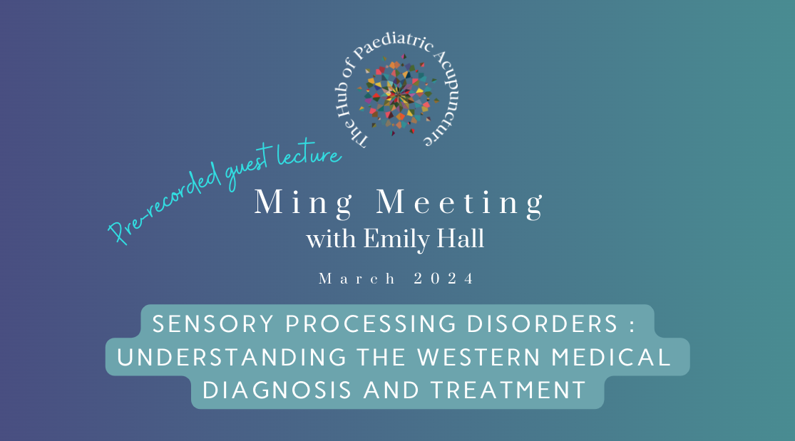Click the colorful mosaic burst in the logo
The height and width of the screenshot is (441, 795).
[399, 95]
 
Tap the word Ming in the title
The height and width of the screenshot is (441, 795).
[304, 203]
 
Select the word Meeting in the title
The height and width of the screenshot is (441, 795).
[459, 203]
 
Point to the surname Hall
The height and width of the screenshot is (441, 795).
[461, 238]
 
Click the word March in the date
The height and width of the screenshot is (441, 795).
[357, 279]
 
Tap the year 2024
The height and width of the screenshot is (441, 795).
[443, 279]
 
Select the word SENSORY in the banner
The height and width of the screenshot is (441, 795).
[213, 324]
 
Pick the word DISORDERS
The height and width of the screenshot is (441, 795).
[542, 324]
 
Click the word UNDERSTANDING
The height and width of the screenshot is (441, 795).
[232, 358]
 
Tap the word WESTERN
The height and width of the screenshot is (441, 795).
[478, 358]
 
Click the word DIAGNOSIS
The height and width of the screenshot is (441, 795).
[277, 390]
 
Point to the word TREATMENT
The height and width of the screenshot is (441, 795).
[508, 390]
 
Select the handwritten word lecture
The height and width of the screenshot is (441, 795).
[309, 155]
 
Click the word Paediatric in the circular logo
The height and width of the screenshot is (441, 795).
[394, 47]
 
